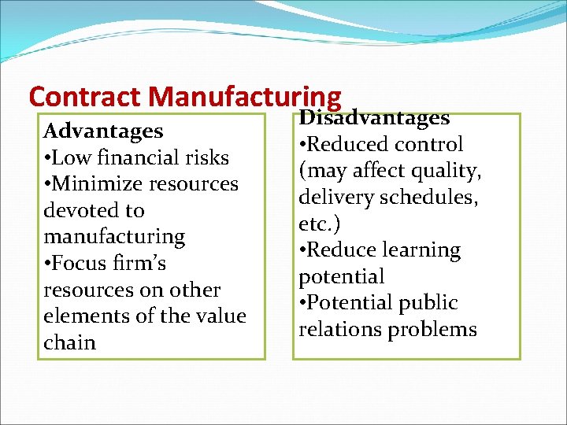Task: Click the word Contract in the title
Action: pyautogui.click(x=85, y=96)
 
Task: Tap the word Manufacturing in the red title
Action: pyautogui.click(x=245, y=96)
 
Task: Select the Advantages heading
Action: pyautogui.click(x=103, y=131)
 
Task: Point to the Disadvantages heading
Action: pyautogui.click(x=374, y=118)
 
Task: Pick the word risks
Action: pyautogui.click(x=208, y=157)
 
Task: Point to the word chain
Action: pyautogui.click(x=69, y=343)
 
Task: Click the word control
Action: pyautogui.click(x=429, y=145)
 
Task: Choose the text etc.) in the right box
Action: pyautogui.click(x=320, y=224)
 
